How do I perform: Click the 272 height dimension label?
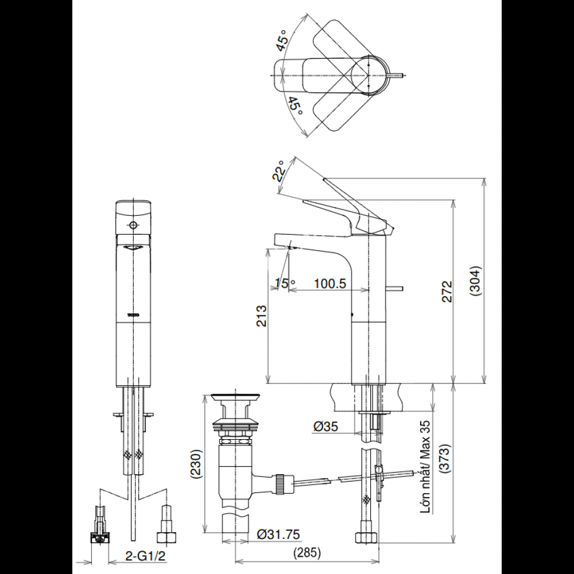(x=447, y=291)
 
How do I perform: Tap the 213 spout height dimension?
(x=261, y=316)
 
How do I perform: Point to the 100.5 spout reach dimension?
(x=329, y=284)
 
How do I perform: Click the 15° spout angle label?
(x=285, y=284)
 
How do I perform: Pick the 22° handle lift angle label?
(x=280, y=170)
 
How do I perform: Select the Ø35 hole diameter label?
(x=326, y=426)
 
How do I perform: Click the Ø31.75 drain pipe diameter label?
(x=278, y=534)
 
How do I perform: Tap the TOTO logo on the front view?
(x=133, y=315)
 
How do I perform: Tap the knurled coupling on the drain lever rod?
(x=281, y=482)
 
